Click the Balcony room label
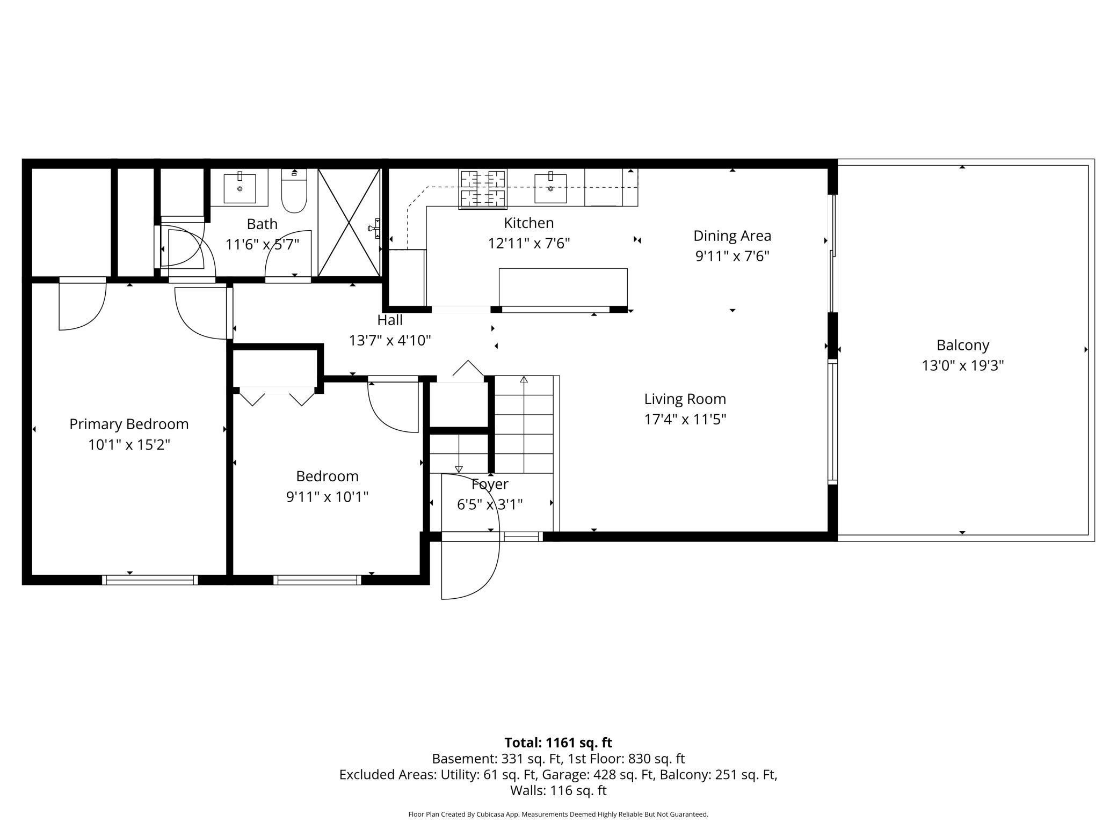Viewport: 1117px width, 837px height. pyautogui.click(x=963, y=345)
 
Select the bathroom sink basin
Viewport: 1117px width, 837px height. pyautogui.click(x=240, y=187)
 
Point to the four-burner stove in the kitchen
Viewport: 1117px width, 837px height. pyautogui.click(x=483, y=188)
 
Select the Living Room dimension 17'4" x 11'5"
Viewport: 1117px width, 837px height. pyautogui.click(x=685, y=419)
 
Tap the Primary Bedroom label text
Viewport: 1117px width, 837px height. pyautogui.click(x=129, y=424)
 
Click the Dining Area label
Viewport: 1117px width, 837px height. pyautogui.click(x=732, y=236)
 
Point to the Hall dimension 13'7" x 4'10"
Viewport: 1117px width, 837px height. pyautogui.click(x=390, y=340)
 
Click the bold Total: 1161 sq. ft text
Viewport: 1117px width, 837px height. pyautogui.click(x=558, y=743)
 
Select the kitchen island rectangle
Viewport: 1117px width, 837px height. pyautogui.click(x=563, y=287)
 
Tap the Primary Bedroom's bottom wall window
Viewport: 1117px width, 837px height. pyautogui.click(x=150, y=580)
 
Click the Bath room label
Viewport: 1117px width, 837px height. pyautogui.click(x=262, y=224)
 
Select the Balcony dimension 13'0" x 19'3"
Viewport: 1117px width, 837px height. pyautogui.click(x=963, y=365)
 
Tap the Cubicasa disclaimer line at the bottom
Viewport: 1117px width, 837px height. pyautogui.click(x=558, y=814)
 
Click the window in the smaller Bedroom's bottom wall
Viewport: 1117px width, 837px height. pyautogui.click(x=317, y=580)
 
